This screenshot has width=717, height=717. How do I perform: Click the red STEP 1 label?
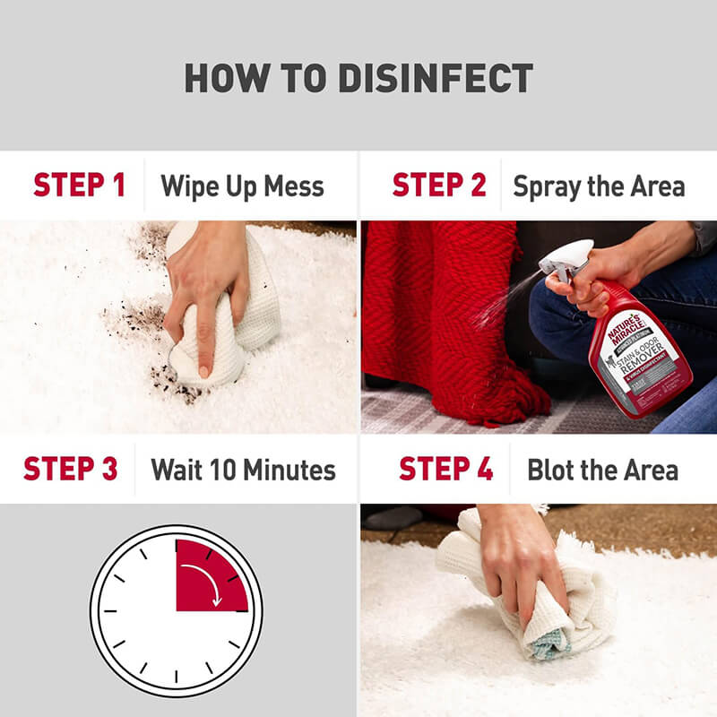[79, 186]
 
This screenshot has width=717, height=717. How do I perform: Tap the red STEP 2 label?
[438, 186]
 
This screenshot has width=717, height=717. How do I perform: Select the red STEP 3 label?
[70, 469]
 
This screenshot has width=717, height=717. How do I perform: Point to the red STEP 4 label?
[445, 469]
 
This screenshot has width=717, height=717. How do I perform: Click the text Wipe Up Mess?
[242, 186]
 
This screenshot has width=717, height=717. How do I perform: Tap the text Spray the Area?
[599, 186]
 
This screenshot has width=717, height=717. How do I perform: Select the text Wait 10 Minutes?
[243, 470]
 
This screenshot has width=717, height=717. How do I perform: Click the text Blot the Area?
[602, 470]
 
